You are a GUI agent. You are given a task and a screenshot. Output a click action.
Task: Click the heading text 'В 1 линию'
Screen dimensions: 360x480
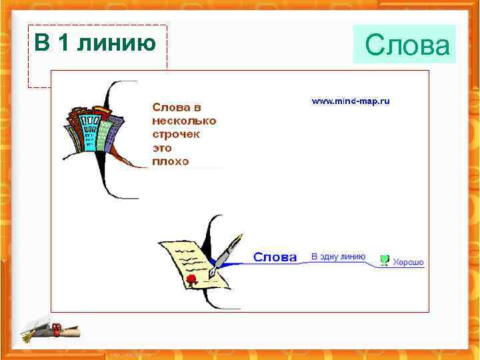[95, 43]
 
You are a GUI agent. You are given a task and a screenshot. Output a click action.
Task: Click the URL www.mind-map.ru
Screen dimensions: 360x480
[351, 101]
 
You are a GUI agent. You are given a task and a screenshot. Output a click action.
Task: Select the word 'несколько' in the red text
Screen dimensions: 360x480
[184, 121]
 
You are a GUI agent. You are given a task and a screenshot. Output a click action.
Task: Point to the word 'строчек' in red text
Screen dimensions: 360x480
[177, 134]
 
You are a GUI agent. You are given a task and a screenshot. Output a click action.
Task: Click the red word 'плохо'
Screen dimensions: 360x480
[171, 161]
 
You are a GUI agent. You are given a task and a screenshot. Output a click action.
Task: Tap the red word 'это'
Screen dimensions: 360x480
[163, 147]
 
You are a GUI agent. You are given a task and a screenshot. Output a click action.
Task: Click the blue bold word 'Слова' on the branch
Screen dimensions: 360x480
[275, 257]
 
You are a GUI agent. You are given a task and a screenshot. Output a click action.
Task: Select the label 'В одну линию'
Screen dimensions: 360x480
[338, 256]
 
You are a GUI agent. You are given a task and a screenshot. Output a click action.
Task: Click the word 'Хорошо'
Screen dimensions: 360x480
[408, 262]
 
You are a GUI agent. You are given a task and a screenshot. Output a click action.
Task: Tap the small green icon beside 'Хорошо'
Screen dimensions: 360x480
[385, 260]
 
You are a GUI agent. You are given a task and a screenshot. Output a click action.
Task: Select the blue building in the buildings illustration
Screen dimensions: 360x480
[89, 130]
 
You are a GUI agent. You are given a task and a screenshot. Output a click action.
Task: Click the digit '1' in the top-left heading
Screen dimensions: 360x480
[63, 43]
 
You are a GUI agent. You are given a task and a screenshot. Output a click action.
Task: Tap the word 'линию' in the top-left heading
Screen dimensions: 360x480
[117, 43]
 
